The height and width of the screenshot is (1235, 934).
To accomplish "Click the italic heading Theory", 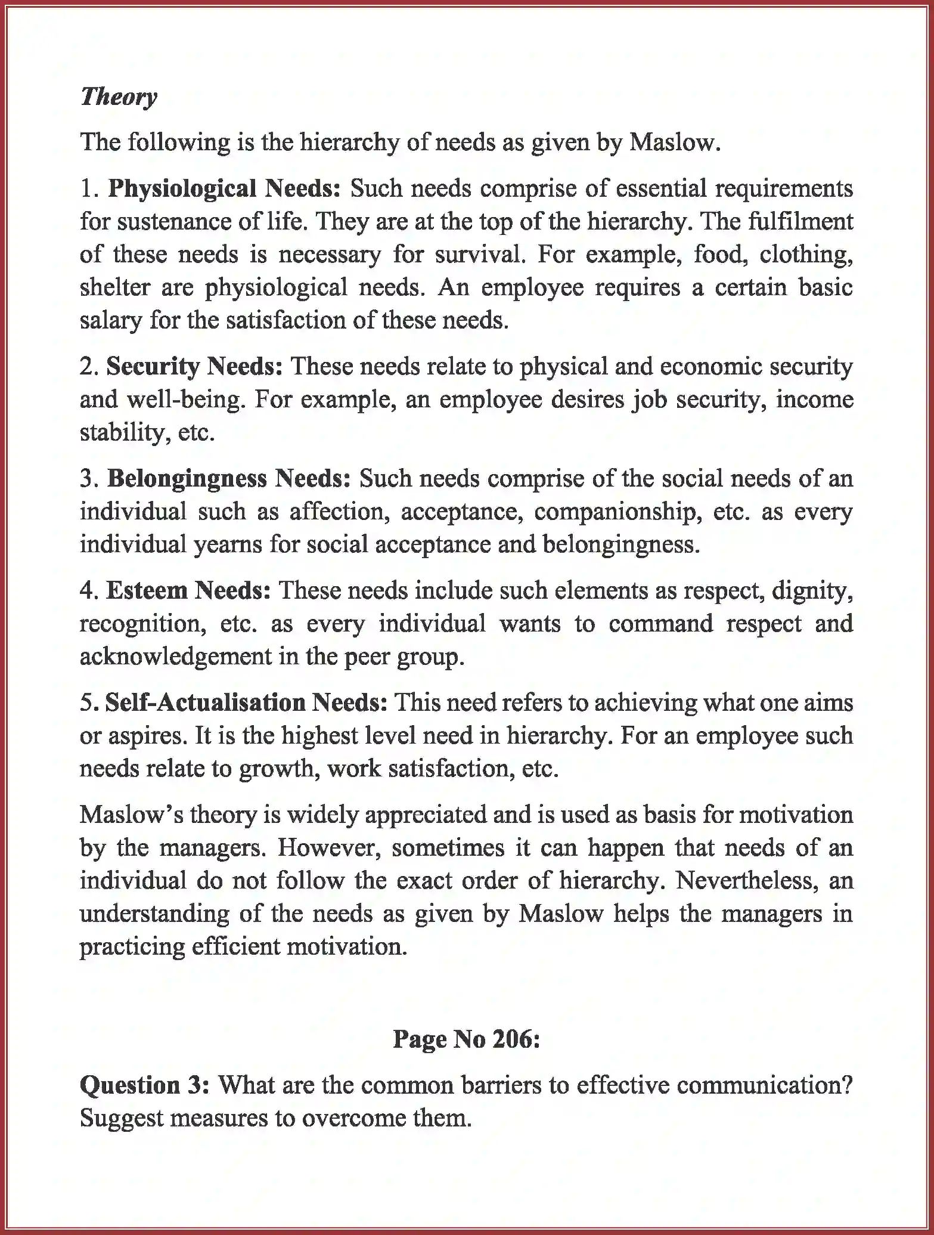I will [119, 96].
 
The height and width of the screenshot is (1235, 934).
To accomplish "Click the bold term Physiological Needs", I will [224, 188].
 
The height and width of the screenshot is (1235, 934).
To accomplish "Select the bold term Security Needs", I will [194, 366].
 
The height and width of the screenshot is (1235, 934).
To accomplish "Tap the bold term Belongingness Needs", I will [229, 478].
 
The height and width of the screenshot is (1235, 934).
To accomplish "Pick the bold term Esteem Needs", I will [188, 590].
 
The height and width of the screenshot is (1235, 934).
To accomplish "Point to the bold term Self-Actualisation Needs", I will [246, 702].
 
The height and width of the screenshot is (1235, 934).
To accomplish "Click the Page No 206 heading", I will [466, 1039].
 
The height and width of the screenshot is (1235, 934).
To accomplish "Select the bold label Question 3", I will [144, 1085].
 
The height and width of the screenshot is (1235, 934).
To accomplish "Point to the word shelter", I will [114, 287].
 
